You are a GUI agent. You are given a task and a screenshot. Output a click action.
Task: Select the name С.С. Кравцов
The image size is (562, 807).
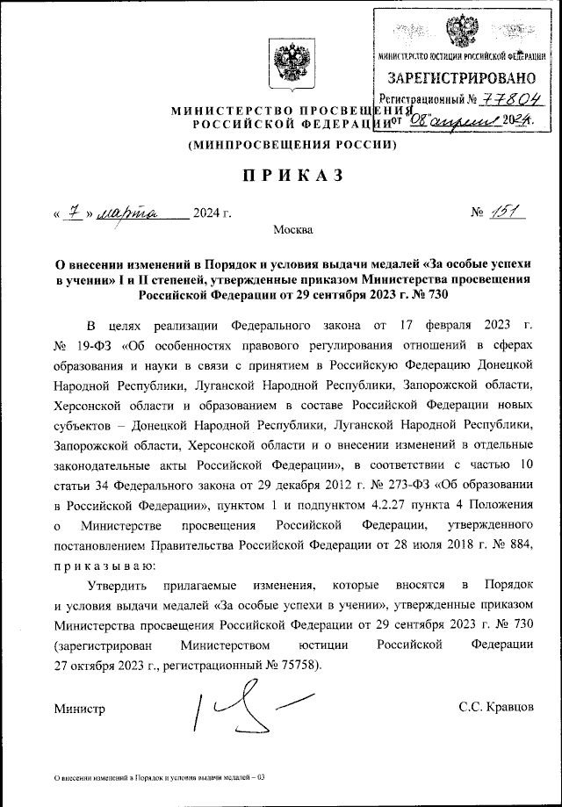[496, 707]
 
